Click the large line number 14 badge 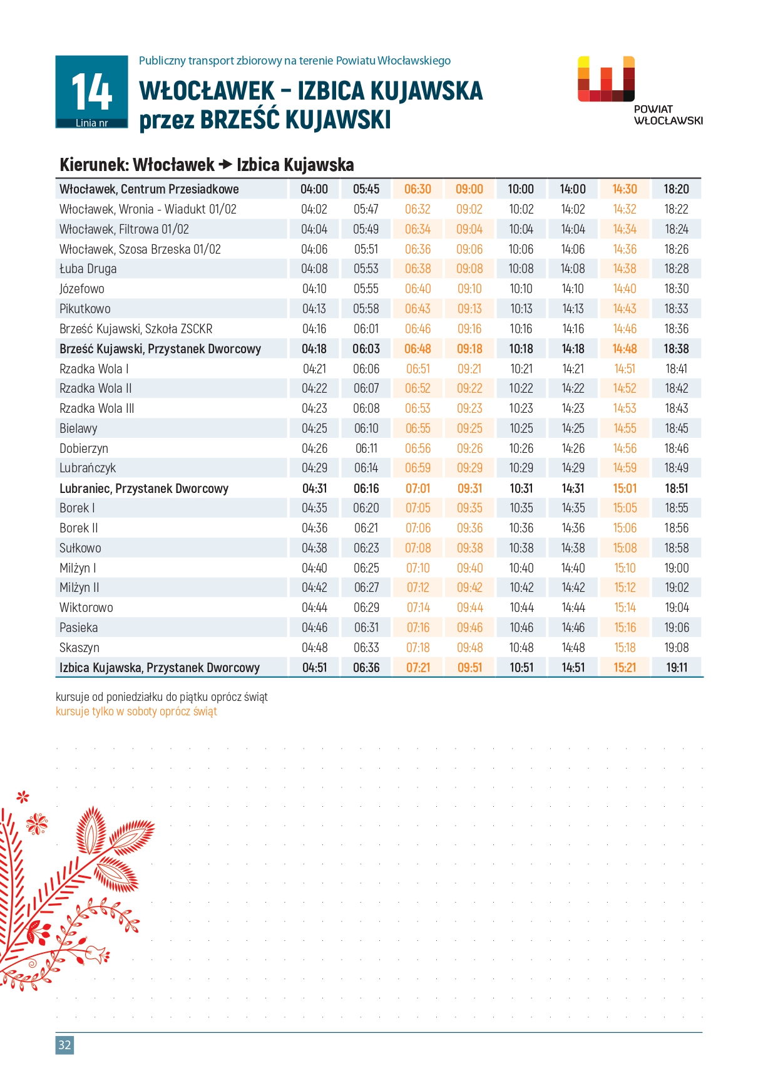point(91,91)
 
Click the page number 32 point(64,1044)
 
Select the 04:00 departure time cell point(314,189)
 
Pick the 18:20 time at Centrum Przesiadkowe point(676,189)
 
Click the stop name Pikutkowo point(85,309)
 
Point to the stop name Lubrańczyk point(88,468)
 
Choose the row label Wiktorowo point(86,608)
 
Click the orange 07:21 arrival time point(418,668)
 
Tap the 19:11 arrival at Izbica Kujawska point(677,668)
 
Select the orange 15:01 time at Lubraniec point(625,489)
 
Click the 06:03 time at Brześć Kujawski point(366,349)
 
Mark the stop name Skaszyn point(79,648)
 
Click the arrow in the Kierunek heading point(225,165)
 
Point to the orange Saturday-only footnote point(136,712)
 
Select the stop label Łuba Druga point(88,269)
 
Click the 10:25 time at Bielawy point(521,428)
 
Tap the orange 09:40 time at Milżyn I point(469,568)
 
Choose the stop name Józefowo point(82,289)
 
